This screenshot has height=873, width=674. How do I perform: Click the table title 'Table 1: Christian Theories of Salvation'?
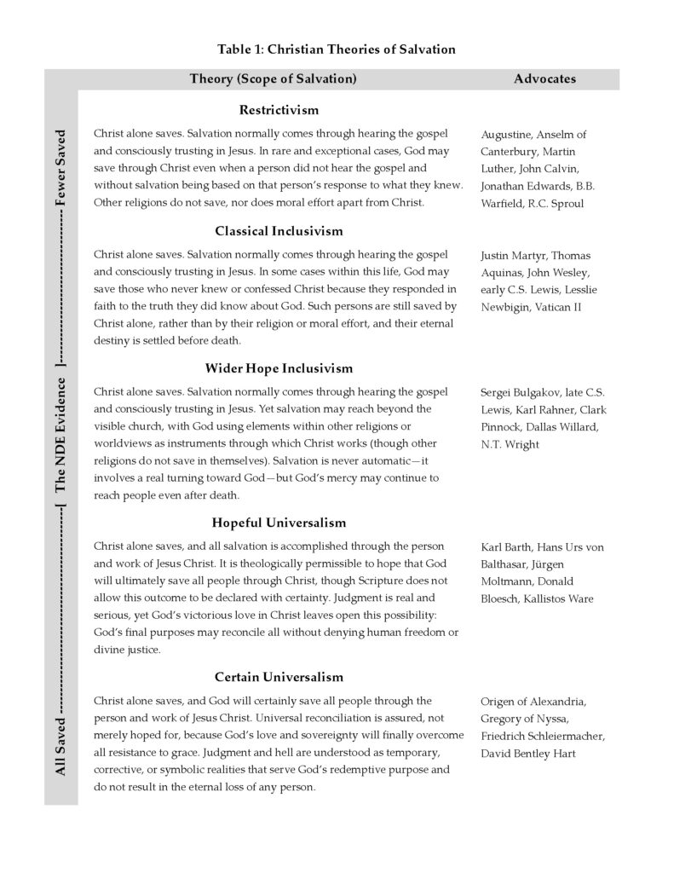coord(337,49)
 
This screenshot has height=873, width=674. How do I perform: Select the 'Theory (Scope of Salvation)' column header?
coord(273,79)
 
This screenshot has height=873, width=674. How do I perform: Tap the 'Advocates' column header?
coord(544,79)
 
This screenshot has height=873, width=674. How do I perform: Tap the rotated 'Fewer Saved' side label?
coord(60,168)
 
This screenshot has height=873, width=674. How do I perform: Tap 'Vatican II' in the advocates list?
coord(558,307)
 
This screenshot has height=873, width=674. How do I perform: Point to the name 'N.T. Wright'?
coord(510,444)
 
